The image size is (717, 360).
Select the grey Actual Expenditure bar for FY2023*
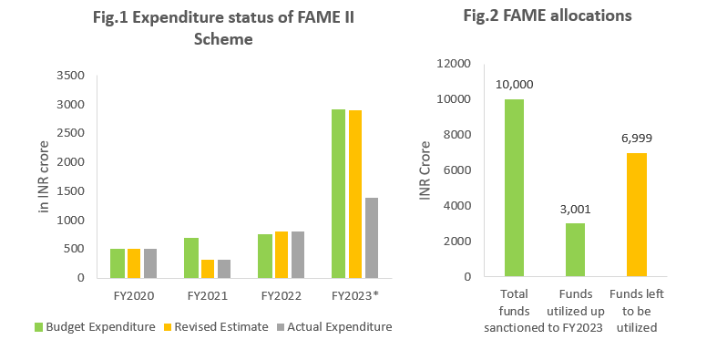[371, 237]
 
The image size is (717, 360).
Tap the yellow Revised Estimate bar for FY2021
[207, 268]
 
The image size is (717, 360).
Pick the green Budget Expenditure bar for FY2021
[190, 257]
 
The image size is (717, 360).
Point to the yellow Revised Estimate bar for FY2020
[133, 262]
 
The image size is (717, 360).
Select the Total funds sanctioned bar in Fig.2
[515, 188]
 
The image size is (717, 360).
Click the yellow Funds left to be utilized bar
[636, 215]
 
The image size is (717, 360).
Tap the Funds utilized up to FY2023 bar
[576, 250]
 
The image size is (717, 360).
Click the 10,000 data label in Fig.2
[515, 85]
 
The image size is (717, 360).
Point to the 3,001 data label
[576, 209]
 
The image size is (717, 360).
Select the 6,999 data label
[636, 139]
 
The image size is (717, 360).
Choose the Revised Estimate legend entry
[216, 327]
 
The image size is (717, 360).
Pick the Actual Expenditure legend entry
[333, 327]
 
